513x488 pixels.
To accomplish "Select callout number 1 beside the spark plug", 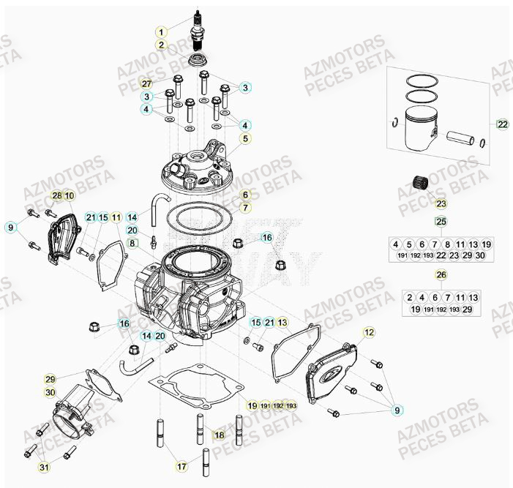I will click(x=162, y=32).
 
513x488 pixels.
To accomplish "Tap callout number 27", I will click(x=146, y=83).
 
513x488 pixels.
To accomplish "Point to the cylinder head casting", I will click(x=200, y=169).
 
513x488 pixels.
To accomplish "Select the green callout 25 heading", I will click(x=441, y=221).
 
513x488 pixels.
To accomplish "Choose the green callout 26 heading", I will click(x=441, y=275).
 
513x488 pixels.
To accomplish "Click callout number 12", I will click(x=369, y=332).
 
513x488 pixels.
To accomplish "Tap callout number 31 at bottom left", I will click(x=44, y=468).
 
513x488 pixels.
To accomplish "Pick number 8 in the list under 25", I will click(x=447, y=244).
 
